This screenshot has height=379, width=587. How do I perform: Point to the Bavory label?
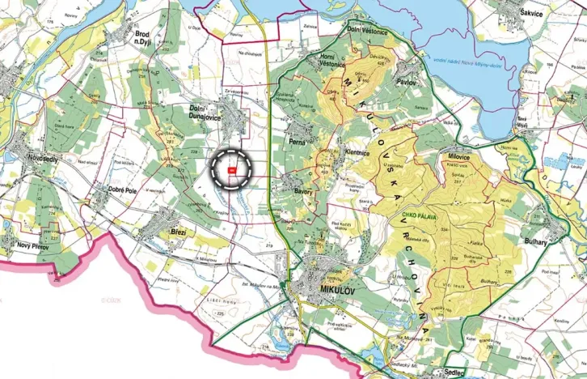coord(303,191)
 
